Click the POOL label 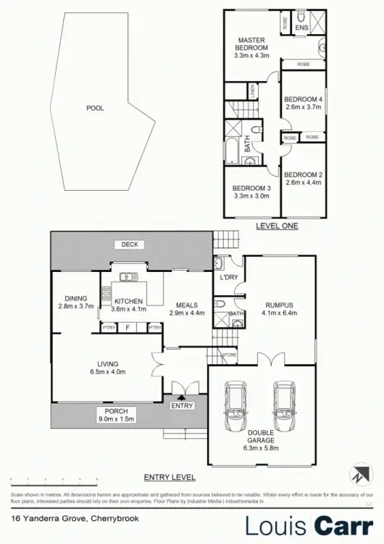click(x=95, y=108)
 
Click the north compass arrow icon click(x=360, y=475)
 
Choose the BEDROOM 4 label click(x=302, y=99)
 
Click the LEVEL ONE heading click(x=277, y=226)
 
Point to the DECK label click(x=130, y=244)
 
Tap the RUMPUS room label click(x=279, y=305)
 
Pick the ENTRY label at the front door click(x=183, y=406)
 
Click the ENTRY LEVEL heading click(x=170, y=477)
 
